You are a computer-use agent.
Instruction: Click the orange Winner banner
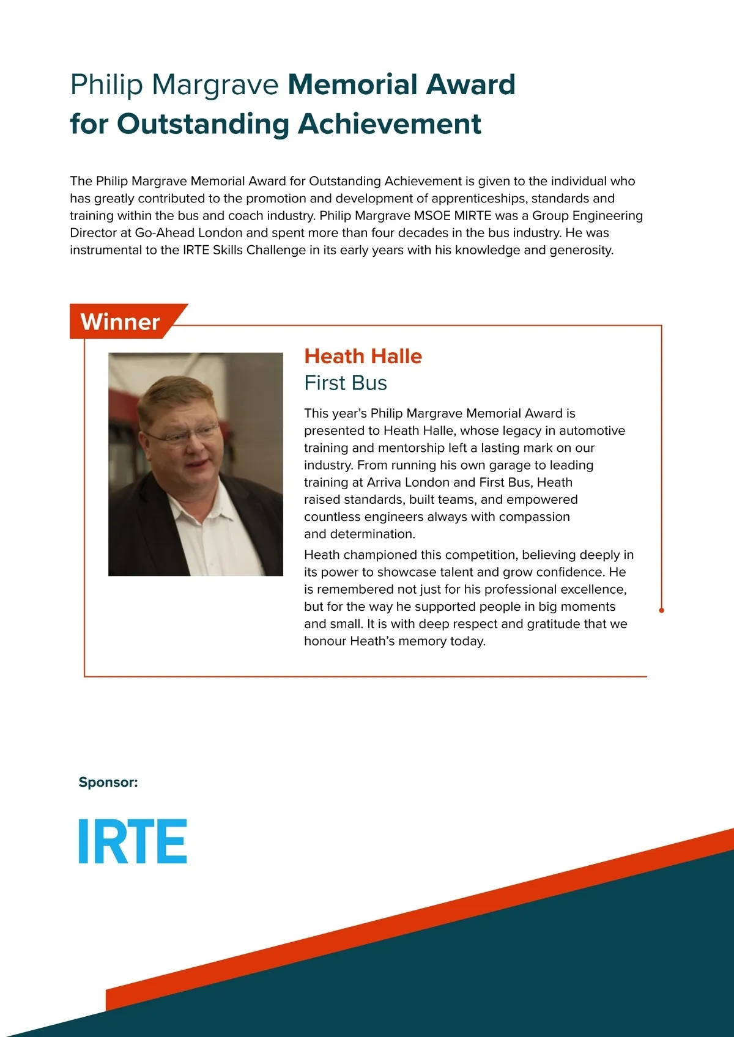click(x=120, y=322)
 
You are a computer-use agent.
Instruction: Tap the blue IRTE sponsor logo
click(x=133, y=841)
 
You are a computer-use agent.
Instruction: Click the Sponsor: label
click(x=108, y=782)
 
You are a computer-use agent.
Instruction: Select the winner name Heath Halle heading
click(x=363, y=356)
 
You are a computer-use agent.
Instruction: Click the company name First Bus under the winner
click(x=346, y=383)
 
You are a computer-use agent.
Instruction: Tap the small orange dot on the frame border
click(x=661, y=610)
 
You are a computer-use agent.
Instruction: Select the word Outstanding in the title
click(x=203, y=124)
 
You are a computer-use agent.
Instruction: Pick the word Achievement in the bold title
click(x=390, y=124)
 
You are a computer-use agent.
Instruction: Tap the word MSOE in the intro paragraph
click(x=432, y=215)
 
